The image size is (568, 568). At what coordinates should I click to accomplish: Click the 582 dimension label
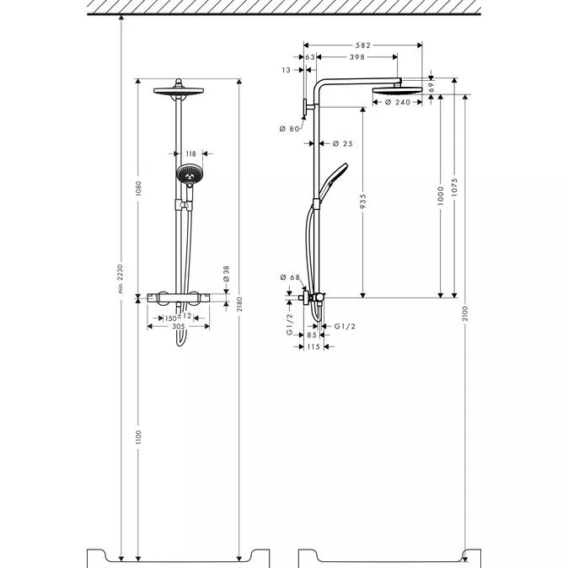click(x=362, y=46)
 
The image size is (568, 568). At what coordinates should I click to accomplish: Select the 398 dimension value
click(x=357, y=56)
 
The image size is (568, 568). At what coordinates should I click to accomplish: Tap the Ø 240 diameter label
click(x=398, y=102)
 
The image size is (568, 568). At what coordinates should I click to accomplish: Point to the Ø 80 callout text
click(x=289, y=129)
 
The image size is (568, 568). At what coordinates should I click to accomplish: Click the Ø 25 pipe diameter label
click(x=343, y=143)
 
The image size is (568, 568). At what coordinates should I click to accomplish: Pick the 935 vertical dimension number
click(x=363, y=201)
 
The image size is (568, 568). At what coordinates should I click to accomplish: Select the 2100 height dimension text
click(x=465, y=313)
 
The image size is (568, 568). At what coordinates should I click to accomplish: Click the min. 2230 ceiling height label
click(x=121, y=278)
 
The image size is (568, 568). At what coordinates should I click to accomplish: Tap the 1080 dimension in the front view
click(x=138, y=189)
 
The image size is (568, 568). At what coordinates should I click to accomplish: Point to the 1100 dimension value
click(x=138, y=437)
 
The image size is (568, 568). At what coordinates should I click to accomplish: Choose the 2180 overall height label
click(x=239, y=304)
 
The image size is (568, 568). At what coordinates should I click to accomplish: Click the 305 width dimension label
click(x=179, y=326)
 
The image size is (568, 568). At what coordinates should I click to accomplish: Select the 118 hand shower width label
click(x=191, y=153)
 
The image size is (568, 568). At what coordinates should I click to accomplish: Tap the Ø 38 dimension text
click(x=227, y=274)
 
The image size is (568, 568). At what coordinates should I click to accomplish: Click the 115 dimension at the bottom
click(x=313, y=346)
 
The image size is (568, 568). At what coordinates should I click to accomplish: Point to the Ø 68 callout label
click(x=290, y=277)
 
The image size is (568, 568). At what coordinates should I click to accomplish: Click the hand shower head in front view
click(x=190, y=174)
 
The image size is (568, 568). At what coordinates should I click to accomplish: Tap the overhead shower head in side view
click(x=398, y=90)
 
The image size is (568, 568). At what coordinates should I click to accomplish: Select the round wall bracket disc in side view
click(x=305, y=109)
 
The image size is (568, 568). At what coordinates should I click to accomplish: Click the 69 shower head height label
click(x=431, y=87)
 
